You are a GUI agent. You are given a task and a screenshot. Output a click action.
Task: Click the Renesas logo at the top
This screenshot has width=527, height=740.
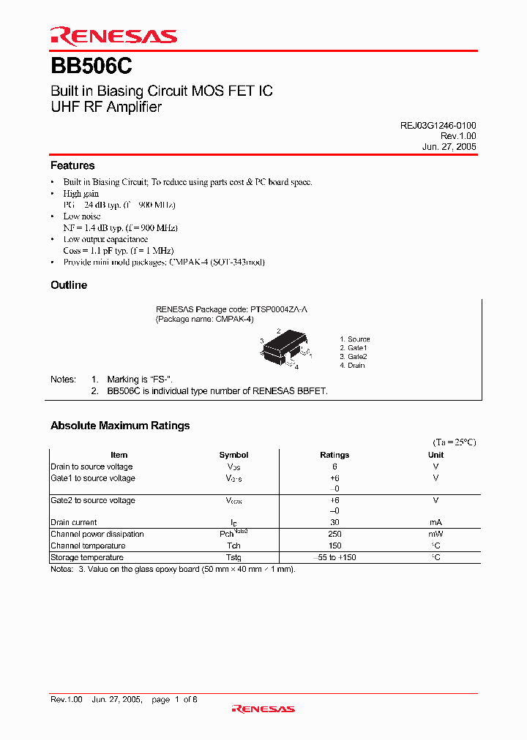tap(113, 36)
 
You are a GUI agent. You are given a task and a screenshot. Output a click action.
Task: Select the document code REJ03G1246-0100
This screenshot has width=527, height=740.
tap(438, 126)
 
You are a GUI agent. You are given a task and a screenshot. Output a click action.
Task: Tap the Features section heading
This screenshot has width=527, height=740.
tap(72, 166)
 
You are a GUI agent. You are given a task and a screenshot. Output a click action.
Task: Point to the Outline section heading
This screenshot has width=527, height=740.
tap(69, 285)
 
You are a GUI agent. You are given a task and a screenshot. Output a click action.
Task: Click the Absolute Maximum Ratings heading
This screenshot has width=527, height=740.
tap(120, 426)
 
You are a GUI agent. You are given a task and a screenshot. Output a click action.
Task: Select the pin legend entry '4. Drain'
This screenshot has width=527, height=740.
tap(352, 366)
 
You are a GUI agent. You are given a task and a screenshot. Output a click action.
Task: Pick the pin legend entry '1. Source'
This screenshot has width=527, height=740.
tap(355, 339)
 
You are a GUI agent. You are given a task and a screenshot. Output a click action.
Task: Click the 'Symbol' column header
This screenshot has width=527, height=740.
tap(233, 455)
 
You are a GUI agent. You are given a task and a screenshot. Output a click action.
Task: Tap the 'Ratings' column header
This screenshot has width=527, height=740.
tap(334, 455)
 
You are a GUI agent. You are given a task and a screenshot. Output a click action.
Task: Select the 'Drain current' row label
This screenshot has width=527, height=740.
tap(74, 522)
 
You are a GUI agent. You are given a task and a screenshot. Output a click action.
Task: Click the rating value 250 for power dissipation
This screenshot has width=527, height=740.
tap(334, 534)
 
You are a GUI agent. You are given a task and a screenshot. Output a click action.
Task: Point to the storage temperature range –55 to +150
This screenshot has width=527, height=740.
tap(334, 557)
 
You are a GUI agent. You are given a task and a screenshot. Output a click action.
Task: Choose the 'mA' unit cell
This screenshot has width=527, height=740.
tap(436, 522)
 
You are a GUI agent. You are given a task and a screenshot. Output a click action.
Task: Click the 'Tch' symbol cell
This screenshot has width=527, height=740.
tap(233, 545)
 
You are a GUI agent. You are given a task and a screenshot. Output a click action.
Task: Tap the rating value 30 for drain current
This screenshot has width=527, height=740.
tap(334, 522)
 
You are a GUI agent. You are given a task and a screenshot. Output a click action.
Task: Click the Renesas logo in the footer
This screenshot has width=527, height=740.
tap(263, 709)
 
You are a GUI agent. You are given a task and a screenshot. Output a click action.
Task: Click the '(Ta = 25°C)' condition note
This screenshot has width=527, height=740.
tap(454, 442)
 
